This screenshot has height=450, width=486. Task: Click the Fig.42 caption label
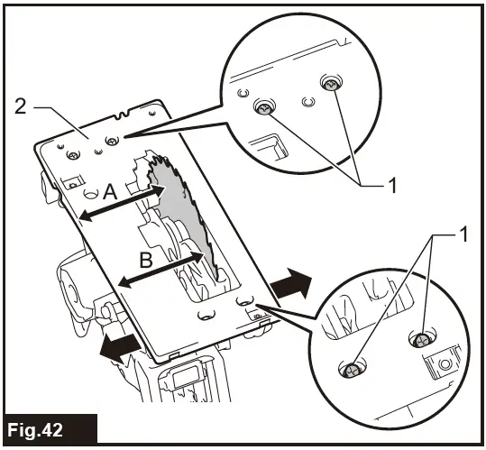pos(34,430)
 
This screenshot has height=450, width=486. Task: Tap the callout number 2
pos(21,107)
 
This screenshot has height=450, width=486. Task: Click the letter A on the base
pos(110,192)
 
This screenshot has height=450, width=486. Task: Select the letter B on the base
pos(146,260)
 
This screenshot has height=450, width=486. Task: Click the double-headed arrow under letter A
pos(122,204)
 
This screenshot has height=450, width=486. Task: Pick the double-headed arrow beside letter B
pos(161,269)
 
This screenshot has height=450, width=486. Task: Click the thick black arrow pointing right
pos(290,282)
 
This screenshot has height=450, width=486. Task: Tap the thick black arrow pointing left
pos(120,348)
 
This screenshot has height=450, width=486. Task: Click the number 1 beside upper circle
pos(392,186)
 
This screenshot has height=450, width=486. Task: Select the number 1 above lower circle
pos(463,234)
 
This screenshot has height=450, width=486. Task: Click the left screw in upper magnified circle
pos(264,108)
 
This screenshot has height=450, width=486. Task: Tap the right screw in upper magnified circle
pos(331,83)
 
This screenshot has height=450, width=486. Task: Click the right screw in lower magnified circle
pos(422,340)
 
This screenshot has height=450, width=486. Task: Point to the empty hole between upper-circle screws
pos(308,102)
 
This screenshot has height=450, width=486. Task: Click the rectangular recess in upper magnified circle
pos(269,146)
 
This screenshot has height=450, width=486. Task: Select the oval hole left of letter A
pos(91,194)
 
